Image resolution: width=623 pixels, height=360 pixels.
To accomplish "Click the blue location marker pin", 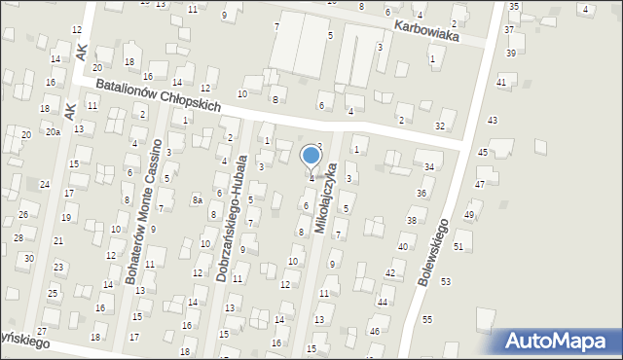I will click(x=311, y=157).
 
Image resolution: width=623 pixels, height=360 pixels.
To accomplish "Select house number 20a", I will click(x=52, y=131).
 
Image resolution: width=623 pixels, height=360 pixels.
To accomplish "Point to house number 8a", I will click(x=197, y=199).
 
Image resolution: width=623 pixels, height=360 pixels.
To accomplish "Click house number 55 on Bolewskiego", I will click(x=426, y=319).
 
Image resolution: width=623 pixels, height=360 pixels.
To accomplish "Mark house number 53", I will click(x=445, y=281).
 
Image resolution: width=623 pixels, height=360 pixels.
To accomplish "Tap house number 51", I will click(x=458, y=247).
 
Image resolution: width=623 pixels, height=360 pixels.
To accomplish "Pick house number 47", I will click(x=479, y=184).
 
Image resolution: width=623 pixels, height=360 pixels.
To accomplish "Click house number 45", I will click(x=483, y=153).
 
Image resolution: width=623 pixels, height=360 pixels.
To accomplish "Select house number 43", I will click(x=492, y=120).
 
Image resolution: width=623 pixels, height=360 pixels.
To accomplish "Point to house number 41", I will click(x=501, y=83).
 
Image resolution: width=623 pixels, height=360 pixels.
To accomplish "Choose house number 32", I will click(x=440, y=126).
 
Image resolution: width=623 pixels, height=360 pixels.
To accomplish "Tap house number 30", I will click(x=29, y=258).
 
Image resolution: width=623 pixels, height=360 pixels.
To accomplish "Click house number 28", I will click(x=18, y=237).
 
